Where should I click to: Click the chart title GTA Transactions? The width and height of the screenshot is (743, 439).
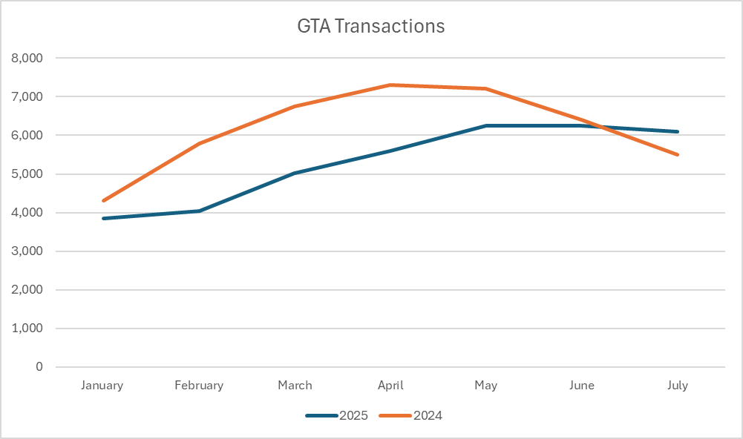coord(370,26)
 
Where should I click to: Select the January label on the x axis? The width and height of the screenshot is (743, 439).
coord(102,386)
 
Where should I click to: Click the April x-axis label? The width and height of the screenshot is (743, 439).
coord(390,386)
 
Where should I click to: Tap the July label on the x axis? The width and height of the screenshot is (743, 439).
coord(678,386)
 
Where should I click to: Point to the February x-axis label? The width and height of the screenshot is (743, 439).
coord(199,386)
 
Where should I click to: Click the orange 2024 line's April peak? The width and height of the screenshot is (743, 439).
coord(390,85)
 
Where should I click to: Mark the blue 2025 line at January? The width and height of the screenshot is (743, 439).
coord(103,218)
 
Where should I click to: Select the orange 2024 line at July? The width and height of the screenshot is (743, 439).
coord(678,154)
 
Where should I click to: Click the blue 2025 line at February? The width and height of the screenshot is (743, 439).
coord(199,211)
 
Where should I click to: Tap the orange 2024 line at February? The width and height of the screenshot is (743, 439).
coord(199,143)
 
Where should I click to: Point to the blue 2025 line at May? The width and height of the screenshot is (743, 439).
coord(486,126)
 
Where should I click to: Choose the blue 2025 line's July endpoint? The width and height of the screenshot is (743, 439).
coord(678,132)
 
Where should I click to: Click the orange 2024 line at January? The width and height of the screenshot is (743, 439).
coord(103,201)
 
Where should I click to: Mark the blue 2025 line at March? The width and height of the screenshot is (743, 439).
coord(295,174)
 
